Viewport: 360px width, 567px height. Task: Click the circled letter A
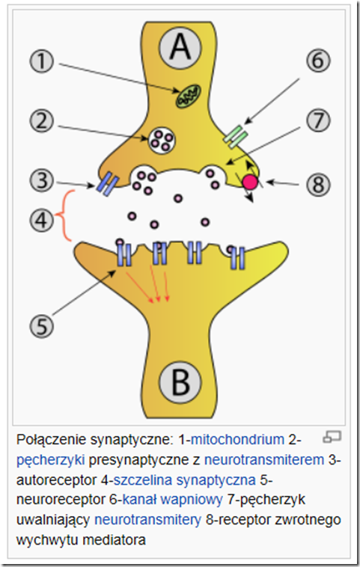[x=180, y=46]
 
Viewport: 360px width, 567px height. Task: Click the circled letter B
[x=180, y=381]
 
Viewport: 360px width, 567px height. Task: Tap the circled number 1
[x=42, y=61]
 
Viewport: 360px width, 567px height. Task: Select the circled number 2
[x=42, y=121]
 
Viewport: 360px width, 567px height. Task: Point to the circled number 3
[x=42, y=180]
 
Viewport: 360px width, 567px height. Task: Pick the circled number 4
[x=42, y=220]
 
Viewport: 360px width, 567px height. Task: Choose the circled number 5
[x=42, y=326]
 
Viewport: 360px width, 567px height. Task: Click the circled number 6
[x=318, y=61]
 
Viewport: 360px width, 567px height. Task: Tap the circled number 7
[x=318, y=120]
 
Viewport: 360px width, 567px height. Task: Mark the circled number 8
[x=318, y=185]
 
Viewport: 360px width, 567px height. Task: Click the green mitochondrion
[x=188, y=96]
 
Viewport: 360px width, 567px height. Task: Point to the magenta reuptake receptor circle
[x=250, y=182]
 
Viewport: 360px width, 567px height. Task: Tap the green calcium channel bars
[x=236, y=136]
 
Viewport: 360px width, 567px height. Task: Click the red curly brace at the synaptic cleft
[x=65, y=215]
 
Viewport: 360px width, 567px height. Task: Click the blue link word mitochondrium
[x=237, y=439]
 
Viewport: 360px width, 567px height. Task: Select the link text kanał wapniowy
[x=172, y=500]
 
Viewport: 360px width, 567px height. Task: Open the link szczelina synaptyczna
[x=185, y=479]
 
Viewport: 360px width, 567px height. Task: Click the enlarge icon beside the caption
[x=332, y=436]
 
